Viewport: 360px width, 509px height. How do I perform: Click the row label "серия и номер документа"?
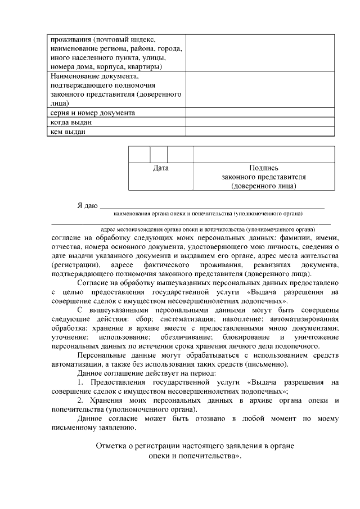click(92, 113)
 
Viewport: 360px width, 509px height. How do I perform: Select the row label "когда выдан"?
click(71, 122)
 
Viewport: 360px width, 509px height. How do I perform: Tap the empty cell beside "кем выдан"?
click(260, 132)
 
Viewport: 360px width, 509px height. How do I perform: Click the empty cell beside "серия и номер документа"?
click(260, 113)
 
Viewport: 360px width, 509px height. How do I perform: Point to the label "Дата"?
click(161, 168)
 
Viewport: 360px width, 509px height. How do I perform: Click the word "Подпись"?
click(263, 168)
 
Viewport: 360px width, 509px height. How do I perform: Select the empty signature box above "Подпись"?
click(263, 154)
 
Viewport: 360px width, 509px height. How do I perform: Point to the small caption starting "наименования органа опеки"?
click(208, 214)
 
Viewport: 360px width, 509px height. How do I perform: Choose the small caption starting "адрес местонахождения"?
click(208, 229)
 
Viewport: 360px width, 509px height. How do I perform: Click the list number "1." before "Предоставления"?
click(81, 382)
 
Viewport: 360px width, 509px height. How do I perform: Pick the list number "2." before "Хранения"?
click(81, 400)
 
